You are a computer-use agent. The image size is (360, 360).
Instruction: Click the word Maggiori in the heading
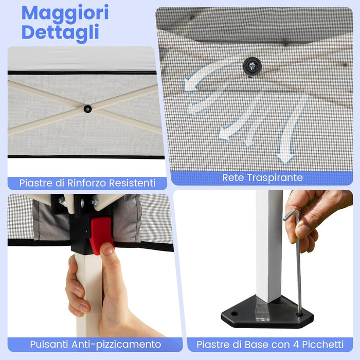tap(65, 13)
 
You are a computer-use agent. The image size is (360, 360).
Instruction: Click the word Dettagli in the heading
tap(61, 32)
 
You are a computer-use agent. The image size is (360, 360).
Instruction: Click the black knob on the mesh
tap(253, 65)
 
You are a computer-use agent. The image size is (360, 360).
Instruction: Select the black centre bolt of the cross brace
tap(87, 109)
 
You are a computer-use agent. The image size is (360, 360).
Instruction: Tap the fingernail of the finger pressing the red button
tap(107, 250)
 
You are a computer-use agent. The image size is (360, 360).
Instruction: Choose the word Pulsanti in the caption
tap(49, 344)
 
